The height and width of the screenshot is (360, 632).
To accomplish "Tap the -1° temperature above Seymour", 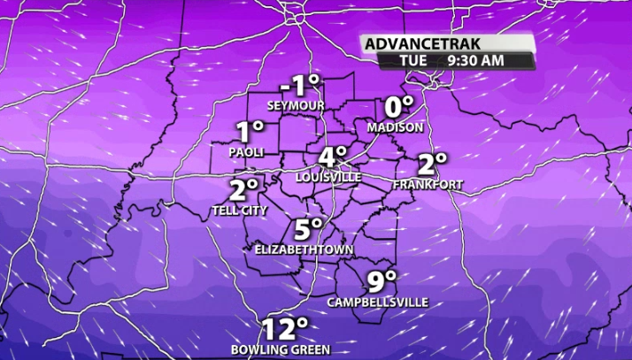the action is click(x=300, y=86).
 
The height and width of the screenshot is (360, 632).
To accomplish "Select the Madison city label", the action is click(x=396, y=127).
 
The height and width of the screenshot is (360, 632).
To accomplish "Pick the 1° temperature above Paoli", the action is click(x=250, y=133).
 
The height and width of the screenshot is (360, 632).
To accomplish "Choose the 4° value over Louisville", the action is click(x=333, y=157).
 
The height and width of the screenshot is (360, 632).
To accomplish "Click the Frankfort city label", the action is click(x=428, y=184).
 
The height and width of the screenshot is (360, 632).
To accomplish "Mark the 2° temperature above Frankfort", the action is click(x=432, y=164).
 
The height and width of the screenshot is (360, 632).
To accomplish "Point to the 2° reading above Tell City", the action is click(x=243, y=190).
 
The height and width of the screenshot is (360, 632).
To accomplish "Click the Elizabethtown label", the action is click(x=304, y=250).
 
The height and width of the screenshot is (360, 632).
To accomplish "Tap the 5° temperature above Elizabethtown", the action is click(x=308, y=229).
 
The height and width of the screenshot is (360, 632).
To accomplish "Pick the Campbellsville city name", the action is click(x=378, y=303).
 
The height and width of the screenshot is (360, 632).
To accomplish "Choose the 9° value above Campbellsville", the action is click(x=382, y=282).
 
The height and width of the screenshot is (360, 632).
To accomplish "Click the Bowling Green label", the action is click(x=281, y=349).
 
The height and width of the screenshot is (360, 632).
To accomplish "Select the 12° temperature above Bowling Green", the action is click(x=284, y=329).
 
